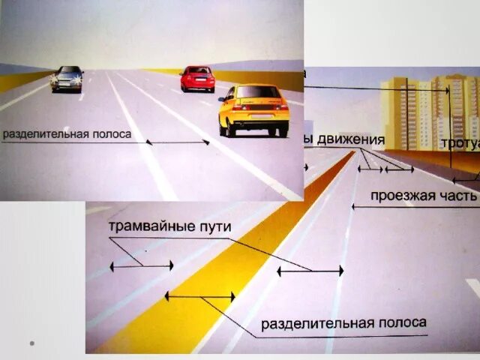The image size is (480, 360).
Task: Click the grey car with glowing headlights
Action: pos(67,79)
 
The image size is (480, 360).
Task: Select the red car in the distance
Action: pos(198,79)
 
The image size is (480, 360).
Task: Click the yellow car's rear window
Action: pos(258,92)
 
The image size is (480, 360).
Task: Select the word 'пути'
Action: pos(213,226)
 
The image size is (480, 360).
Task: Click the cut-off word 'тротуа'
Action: pos(460,143)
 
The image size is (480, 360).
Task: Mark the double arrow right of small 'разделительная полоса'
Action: pos(178,142)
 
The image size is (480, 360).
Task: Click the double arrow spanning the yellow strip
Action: pos(199,297)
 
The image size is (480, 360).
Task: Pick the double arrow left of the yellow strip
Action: pos(141,265)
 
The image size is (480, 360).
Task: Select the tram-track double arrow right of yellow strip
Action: pos(310,270)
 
